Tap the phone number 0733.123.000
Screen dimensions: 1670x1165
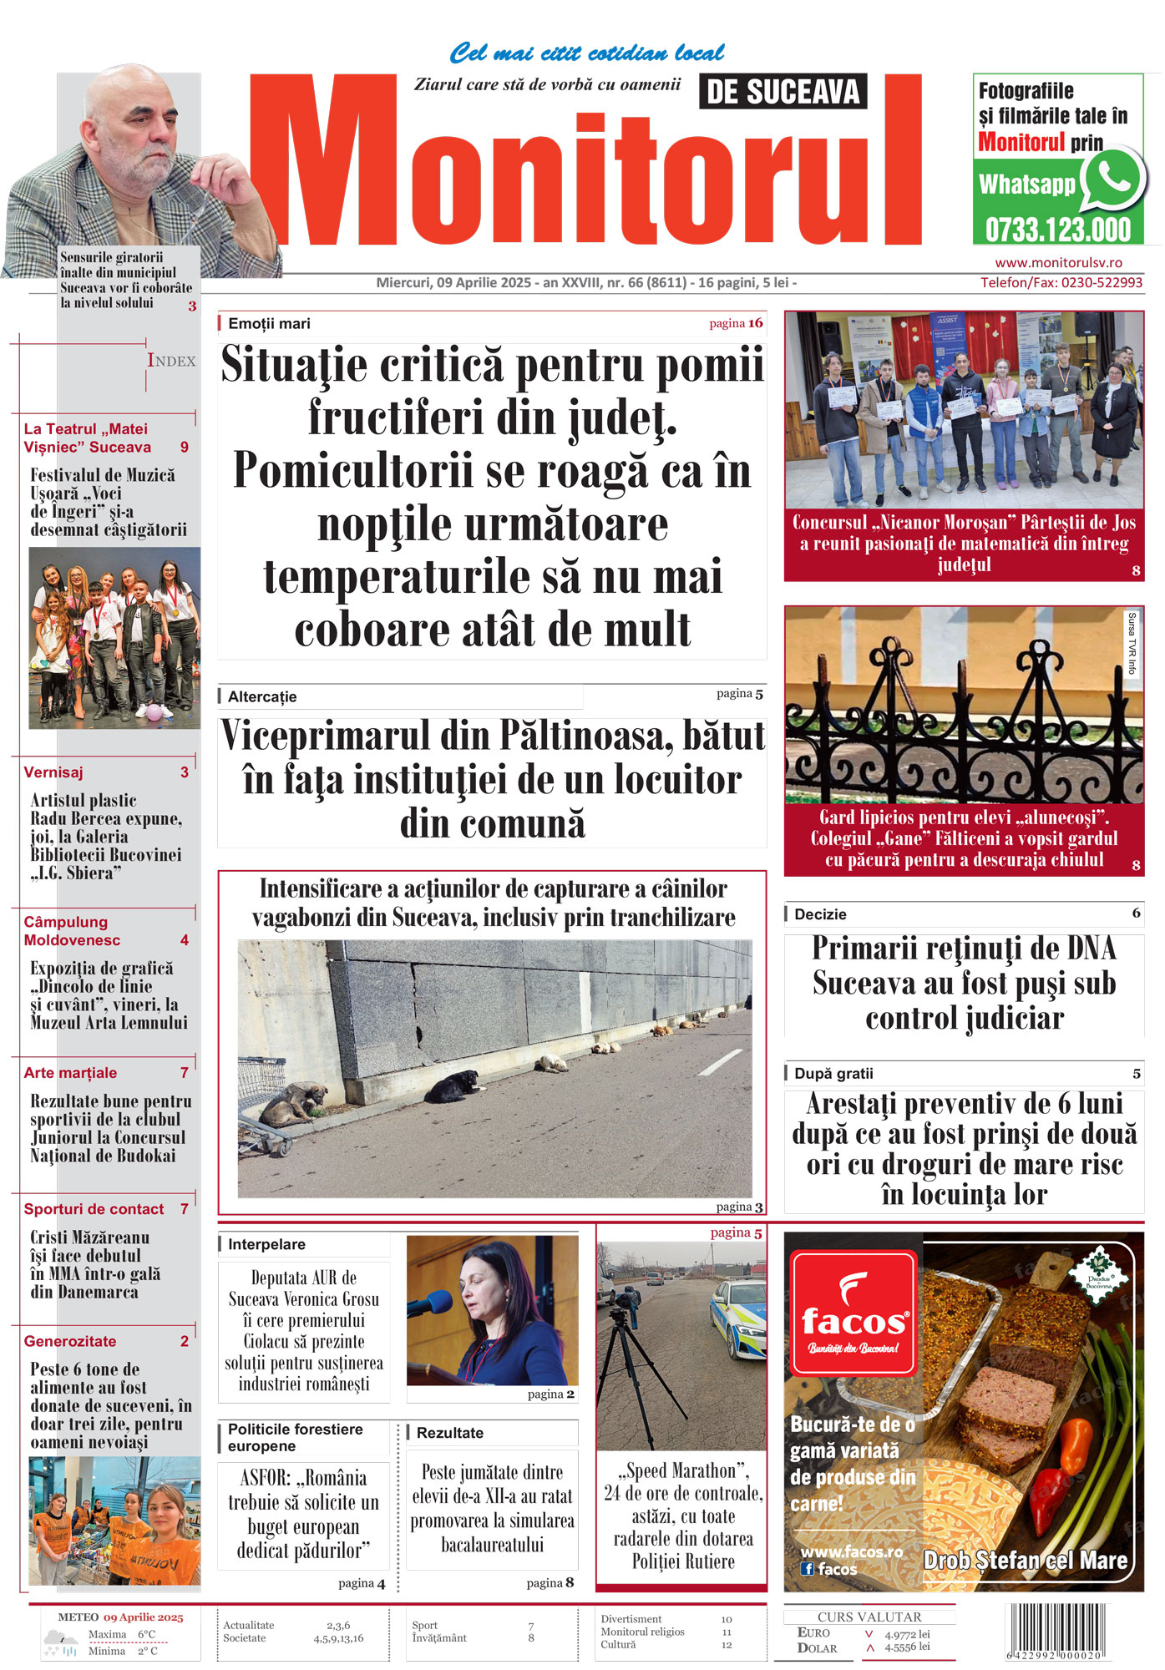[1057, 230]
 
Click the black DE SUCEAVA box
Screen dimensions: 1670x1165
[783, 92]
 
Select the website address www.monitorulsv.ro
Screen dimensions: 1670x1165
[1058, 262]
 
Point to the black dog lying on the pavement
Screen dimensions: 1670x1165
[457, 1085]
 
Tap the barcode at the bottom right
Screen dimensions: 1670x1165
[1056, 1632]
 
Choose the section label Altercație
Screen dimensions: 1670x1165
[262, 696]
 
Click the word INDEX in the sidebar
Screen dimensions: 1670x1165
[171, 361]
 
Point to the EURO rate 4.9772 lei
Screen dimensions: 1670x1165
[907, 1634]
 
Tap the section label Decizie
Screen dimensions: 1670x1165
[820, 914]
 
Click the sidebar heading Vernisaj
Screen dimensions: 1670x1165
[53, 772]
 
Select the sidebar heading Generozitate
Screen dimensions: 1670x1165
[70, 1341]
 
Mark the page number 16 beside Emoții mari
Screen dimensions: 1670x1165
[755, 323]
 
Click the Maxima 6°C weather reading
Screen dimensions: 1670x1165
[122, 1634]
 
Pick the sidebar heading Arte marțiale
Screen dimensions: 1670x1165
[70, 1073]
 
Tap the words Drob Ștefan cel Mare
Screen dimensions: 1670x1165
[1025, 1560]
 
